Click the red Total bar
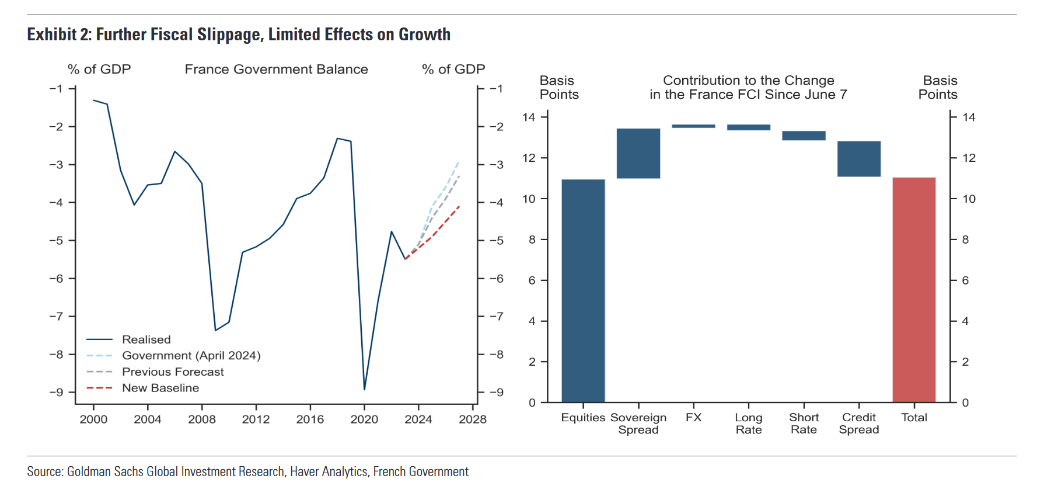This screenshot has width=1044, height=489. point(914,289)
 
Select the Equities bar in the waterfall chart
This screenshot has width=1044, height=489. point(583,290)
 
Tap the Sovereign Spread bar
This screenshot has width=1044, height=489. point(638,153)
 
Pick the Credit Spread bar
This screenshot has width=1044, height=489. point(859,158)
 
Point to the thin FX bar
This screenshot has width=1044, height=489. point(693,126)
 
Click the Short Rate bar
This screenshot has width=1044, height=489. point(804,136)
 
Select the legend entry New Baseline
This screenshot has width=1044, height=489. point(160,388)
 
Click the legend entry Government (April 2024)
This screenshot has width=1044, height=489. point(191,355)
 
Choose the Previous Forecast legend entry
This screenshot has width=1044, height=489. point(173,372)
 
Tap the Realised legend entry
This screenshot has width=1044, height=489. point(146,339)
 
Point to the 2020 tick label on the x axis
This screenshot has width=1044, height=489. point(364,419)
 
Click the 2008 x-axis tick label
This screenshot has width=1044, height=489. point(202,419)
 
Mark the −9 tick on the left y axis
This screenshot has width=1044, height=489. point(57,392)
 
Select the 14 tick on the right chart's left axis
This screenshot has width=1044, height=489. point(529,117)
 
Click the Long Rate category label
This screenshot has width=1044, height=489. point(749,424)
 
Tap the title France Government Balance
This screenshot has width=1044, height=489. point(276,69)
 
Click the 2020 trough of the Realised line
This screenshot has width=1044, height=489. point(364,389)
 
